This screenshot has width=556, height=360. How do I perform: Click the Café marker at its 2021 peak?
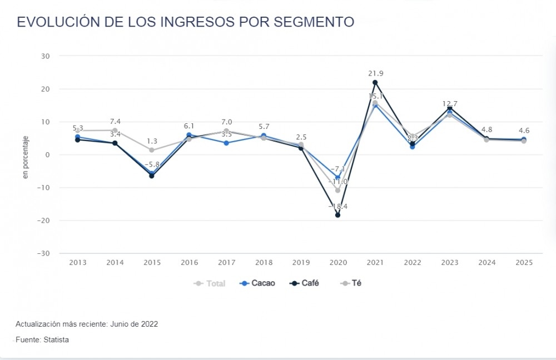(375, 83)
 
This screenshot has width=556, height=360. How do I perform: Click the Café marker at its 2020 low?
(337, 215)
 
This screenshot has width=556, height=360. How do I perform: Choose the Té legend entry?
(352, 283)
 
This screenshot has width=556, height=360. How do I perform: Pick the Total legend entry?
(210, 283)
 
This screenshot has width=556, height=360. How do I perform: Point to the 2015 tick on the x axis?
(152, 263)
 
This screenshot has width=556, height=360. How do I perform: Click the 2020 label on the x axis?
(337, 263)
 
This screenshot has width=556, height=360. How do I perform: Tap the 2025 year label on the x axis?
(524, 263)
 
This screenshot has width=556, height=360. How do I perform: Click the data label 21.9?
(376, 73)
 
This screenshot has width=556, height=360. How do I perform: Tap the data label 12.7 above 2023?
(449, 103)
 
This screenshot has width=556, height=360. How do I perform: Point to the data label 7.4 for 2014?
(115, 121)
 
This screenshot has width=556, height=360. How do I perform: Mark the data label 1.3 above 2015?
(152, 141)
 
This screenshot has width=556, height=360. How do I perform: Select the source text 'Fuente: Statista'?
(42, 339)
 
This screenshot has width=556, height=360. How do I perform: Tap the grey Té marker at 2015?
(152, 150)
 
